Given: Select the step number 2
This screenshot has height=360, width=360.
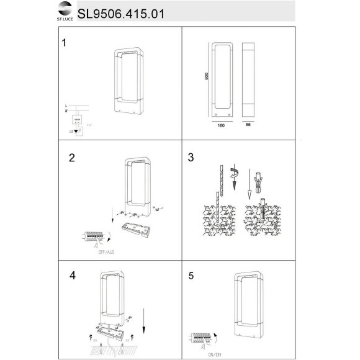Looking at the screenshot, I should [x=72, y=158].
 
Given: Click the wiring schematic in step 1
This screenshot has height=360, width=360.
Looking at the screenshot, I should [x=77, y=120].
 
